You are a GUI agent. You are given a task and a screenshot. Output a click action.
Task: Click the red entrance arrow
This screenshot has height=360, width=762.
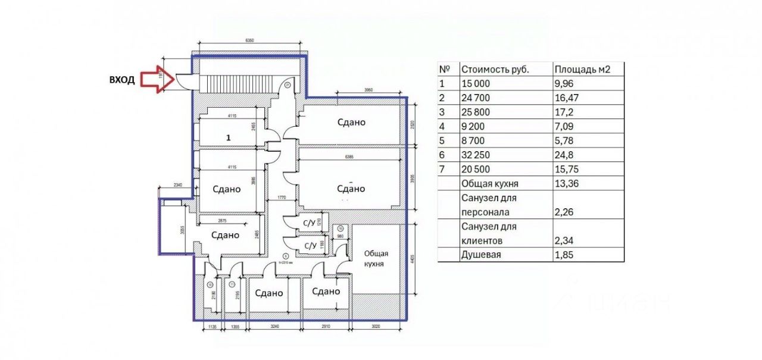tap(154, 79)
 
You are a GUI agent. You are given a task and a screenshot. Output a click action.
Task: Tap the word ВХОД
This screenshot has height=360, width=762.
tap(122, 79)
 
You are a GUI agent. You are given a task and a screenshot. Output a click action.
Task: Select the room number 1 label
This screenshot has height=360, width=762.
tap(228, 137)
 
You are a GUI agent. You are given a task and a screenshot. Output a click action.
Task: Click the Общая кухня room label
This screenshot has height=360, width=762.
tap(376, 258)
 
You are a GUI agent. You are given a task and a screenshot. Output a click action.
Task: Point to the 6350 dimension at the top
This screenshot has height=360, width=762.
tap(249, 40)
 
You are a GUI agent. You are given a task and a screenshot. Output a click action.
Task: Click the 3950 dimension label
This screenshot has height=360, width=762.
tap(371, 90)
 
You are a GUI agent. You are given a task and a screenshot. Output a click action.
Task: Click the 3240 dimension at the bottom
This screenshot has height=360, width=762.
tap(274, 327)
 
